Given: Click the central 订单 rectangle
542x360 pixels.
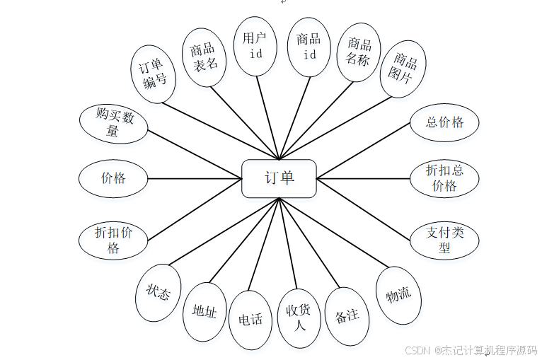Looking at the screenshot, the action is pos(279,178).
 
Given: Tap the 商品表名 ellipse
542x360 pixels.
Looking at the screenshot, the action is pos(203,57).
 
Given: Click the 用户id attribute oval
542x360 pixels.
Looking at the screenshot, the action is pos(255,45).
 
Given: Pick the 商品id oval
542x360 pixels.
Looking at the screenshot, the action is pos(309,46).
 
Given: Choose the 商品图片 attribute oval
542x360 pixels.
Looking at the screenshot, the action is pos(402,69).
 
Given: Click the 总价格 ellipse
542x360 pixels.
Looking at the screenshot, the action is pos(444,122).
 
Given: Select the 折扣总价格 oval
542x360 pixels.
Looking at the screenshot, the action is pos(444,178).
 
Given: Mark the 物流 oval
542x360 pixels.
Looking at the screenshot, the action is pos(398,295).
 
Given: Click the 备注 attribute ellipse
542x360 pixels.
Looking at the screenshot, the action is pos(347,315).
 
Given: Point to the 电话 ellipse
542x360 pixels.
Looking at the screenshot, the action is pos(250,320).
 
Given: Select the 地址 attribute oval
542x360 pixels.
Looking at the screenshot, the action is pos(204,312).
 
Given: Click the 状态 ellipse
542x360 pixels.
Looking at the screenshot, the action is pos(158,292).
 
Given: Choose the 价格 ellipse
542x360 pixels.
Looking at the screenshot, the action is pos(113,178).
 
